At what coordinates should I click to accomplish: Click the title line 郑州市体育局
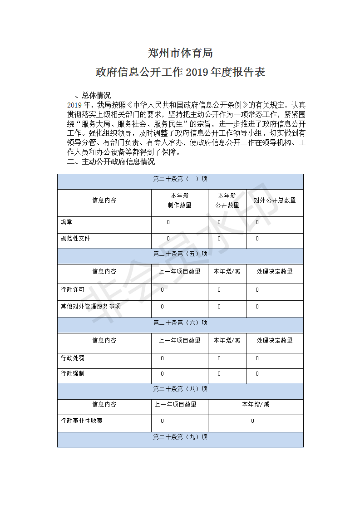(180, 54)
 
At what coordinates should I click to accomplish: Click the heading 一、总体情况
(89, 95)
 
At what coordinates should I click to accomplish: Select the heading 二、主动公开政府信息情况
(111, 162)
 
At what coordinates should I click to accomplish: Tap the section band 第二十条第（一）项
(180, 179)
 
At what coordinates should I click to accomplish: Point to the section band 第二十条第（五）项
(180, 254)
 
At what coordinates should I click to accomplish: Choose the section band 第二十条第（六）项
(180, 323)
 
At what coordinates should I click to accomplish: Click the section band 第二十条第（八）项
(180, 389)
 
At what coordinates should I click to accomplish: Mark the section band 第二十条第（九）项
(180, 437)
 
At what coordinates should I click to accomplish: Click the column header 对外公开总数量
(275, 200)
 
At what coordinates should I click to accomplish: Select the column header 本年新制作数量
(179, 200)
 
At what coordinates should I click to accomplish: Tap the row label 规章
(66, 222)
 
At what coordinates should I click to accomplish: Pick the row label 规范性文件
(75, 239)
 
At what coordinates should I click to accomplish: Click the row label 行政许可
(72, 290)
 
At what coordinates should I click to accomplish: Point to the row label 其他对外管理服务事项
(91, 307)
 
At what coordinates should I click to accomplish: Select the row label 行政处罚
(72, 358)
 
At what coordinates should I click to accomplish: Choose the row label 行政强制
(72, 374)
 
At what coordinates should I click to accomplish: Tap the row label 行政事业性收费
(82, 421)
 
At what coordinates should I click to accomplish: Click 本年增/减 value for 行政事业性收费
(253, 421)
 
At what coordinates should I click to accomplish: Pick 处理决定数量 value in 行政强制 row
(257, 374)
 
